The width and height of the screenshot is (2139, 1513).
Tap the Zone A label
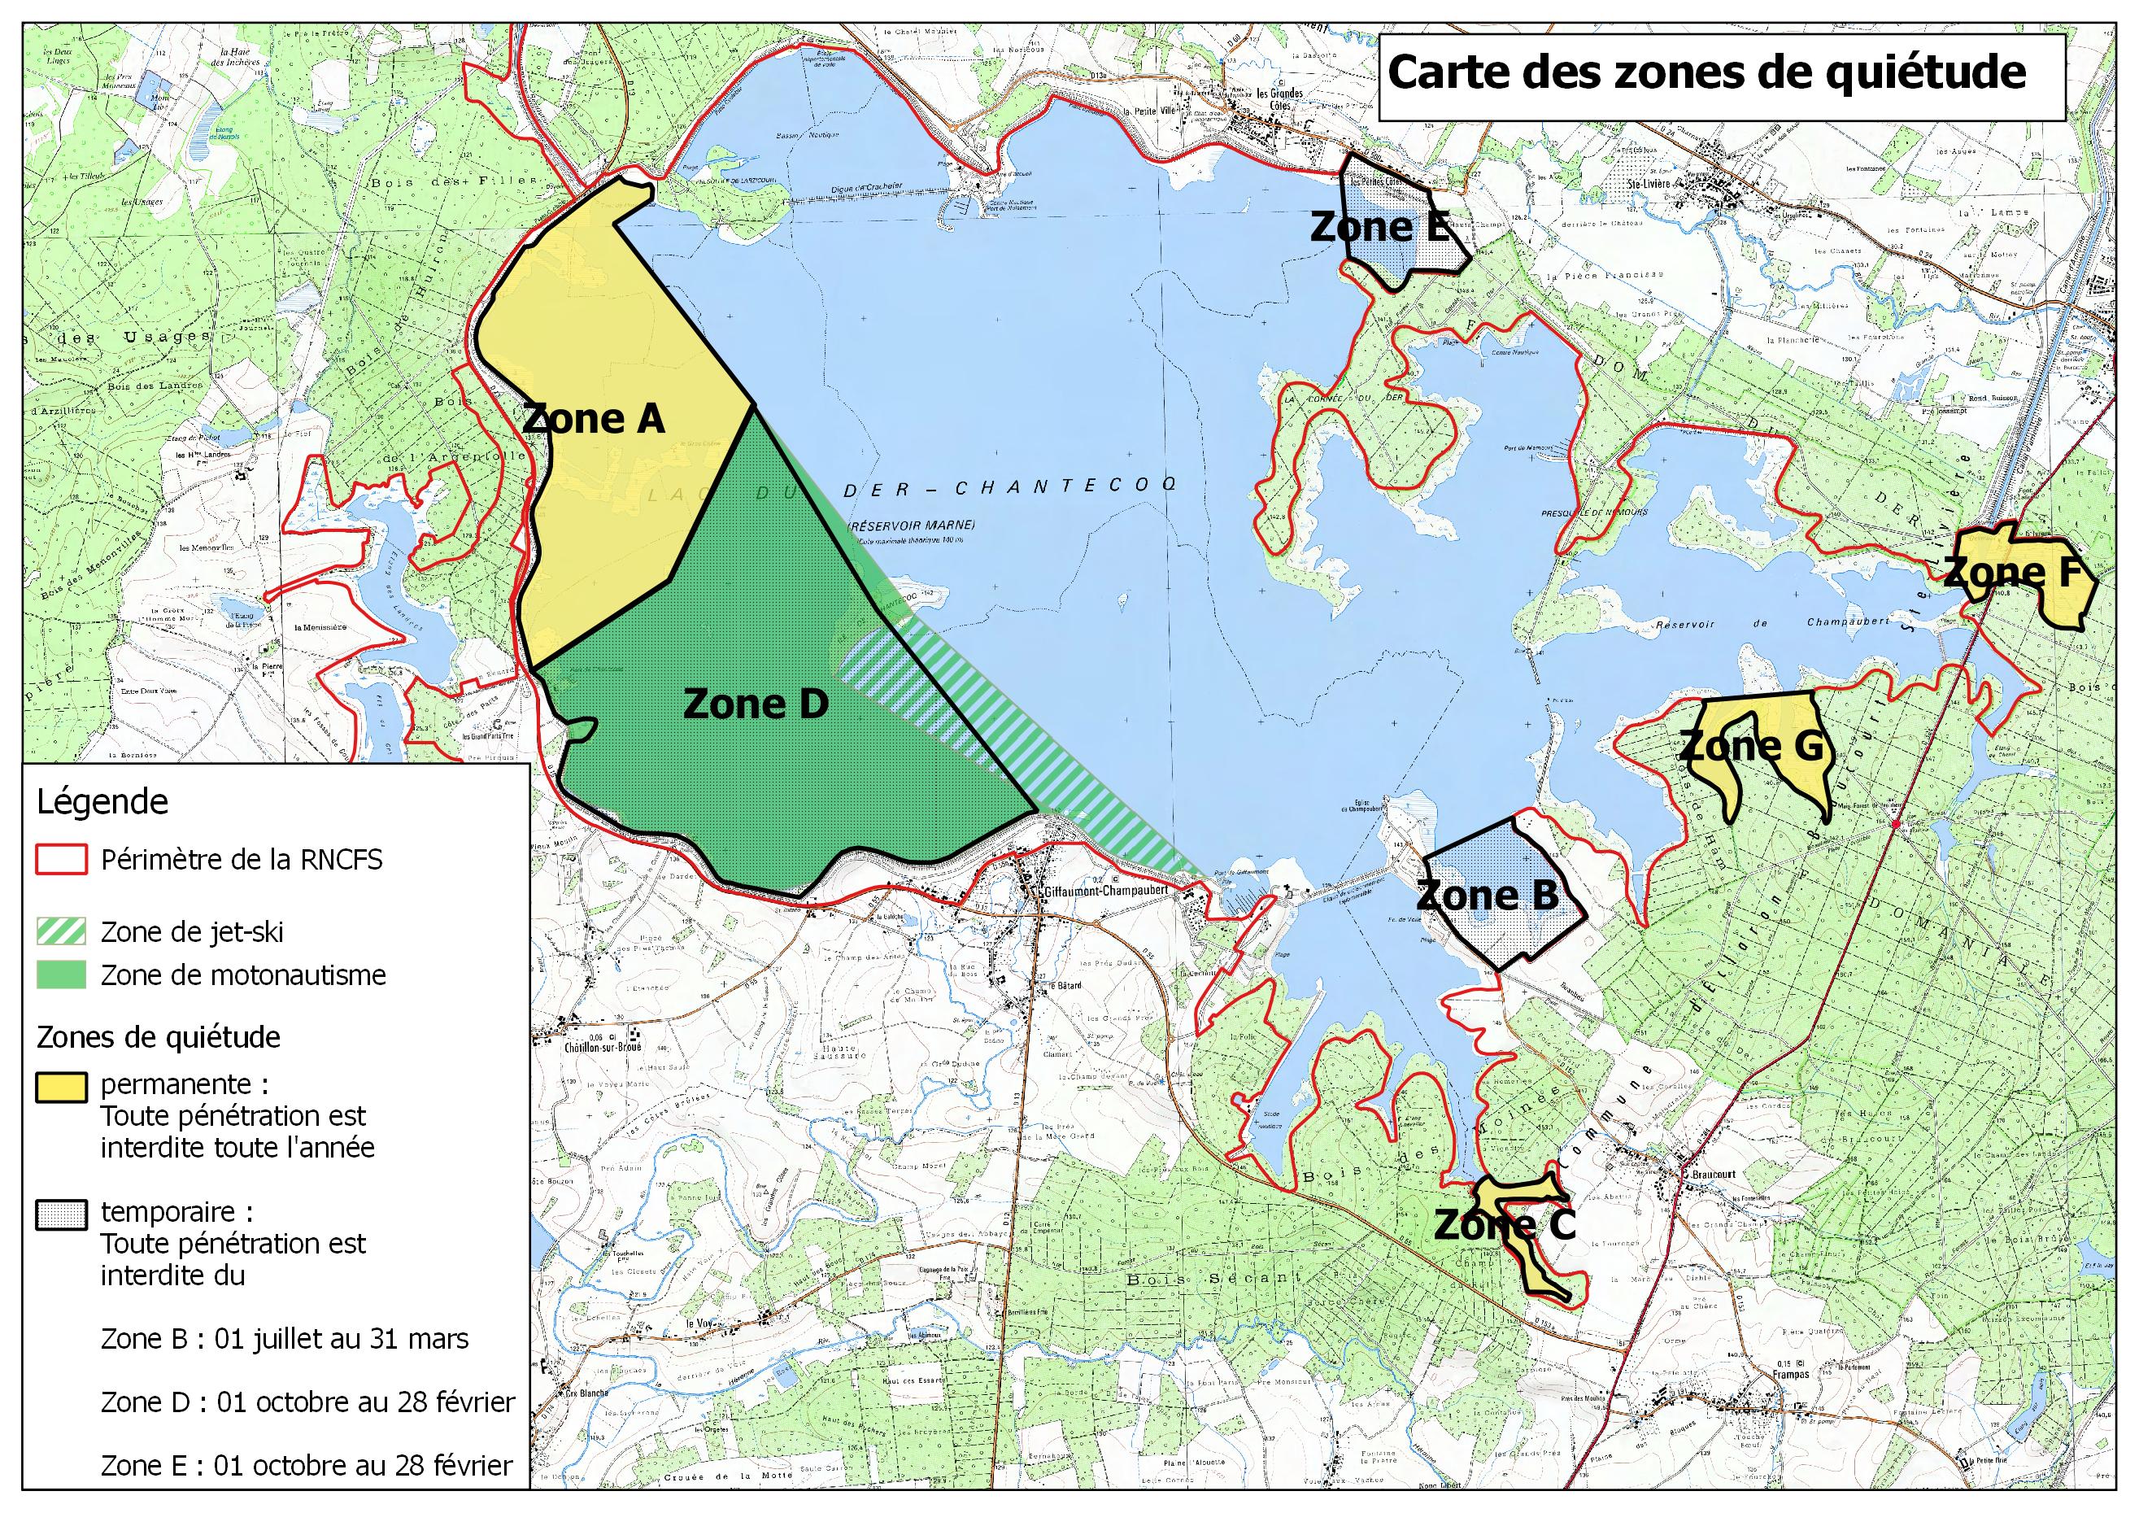[x=594, y=418]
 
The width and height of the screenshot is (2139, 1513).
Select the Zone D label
[x=756, y=704]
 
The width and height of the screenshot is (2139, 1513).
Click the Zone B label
[x=1487, y=896]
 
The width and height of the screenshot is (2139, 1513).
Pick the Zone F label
[x=2011, y=573]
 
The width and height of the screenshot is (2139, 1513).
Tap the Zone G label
[x=1750, y=745]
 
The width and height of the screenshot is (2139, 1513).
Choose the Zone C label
[x=1505, y=1224]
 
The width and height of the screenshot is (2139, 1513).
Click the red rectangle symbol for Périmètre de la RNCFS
[x=62, y=859]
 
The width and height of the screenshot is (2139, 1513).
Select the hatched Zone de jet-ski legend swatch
[x=62, y=931]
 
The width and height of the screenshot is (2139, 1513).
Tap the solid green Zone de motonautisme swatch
[x=62, y=975]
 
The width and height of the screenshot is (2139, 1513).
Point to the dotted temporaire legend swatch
[x=62, y=1214]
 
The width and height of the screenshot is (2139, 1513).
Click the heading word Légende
[x=102, y=802]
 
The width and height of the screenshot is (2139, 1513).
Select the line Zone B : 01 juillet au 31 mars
[x=284, y=1339]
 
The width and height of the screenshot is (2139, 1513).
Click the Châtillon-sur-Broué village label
[x=603, y=1046]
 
